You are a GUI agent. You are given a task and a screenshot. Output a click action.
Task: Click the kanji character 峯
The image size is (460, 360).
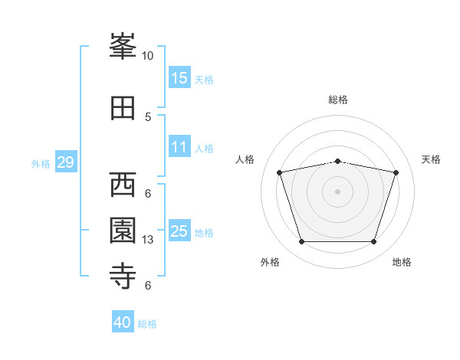(123, 47)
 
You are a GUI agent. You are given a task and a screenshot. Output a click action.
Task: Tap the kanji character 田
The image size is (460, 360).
(123, 108)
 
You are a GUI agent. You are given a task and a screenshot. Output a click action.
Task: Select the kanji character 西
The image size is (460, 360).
(123, 185)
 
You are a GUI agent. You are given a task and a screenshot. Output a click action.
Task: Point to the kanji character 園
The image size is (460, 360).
(123, 231)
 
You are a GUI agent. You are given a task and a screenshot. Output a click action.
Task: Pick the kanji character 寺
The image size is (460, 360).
(123, 277)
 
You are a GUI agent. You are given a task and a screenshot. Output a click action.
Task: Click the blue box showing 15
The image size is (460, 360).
(179, 77)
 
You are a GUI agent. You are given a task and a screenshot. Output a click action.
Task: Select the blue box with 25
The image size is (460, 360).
(179, 231)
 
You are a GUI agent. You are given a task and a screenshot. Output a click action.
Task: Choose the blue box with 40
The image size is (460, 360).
(123, 322)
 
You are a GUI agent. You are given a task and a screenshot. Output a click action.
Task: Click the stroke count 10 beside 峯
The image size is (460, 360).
(148, 56)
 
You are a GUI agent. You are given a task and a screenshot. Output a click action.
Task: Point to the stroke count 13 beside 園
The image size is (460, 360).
(148, 240)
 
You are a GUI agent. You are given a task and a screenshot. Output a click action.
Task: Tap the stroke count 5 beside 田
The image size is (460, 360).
(148, 117)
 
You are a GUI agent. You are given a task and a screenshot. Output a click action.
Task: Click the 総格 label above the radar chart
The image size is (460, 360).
(337, 100)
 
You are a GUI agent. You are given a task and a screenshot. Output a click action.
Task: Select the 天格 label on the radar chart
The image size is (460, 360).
(431, 159)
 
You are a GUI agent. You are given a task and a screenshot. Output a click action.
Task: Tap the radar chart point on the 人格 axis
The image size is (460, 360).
(280, 172)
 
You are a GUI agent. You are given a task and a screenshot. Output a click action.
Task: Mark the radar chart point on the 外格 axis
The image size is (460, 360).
(301, 242)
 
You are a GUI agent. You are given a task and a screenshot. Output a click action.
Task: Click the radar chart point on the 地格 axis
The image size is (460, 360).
(373, 242)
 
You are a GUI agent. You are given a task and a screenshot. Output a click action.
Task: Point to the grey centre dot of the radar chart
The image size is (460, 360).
(337, 191)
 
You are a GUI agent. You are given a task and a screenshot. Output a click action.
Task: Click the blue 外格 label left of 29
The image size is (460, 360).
(41, 163)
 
